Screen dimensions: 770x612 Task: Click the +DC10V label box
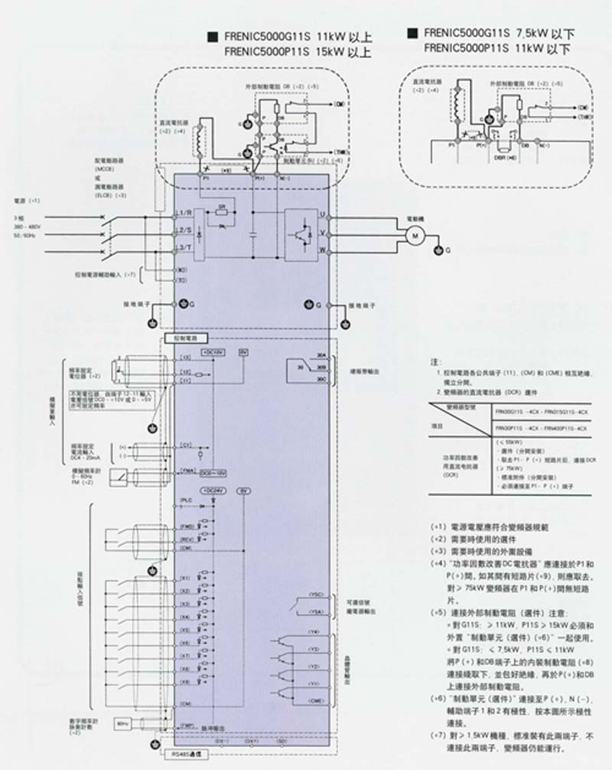pyautogui.click(x=213, y=351)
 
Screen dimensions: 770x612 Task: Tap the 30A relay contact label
pyautogui.click(x=321, y=357)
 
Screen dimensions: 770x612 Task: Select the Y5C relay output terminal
pyautogui.click(x=316, y=594)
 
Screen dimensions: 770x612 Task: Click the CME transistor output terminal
pyautogui.click(x=316, y=701)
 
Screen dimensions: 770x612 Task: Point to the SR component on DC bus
pyautogui.click(x=221, y=207)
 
